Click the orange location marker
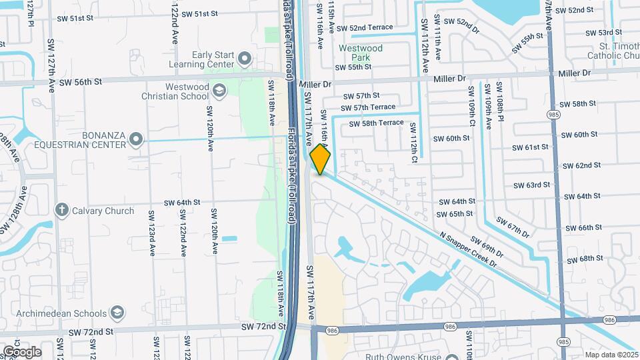320,160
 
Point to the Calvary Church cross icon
62,211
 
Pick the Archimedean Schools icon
117,313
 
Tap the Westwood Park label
360,53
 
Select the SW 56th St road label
80,82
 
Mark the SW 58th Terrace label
373,123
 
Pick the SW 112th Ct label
414,143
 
